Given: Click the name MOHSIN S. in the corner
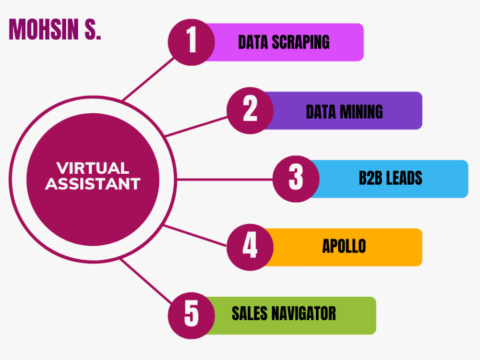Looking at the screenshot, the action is [x=55, y=29].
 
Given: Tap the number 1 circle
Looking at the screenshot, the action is [x=192, y=42].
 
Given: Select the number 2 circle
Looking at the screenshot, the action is [x=250, y=110].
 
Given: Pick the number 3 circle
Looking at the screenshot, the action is [x=296, y=179].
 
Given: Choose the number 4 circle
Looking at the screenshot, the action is [x=250, y=247].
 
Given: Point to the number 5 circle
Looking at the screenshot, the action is [x=192, y=316].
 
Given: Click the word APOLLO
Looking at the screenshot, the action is [x=344, y=246].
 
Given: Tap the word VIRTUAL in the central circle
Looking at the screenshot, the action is [x=93, y=168].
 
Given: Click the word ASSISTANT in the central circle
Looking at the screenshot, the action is [x=93, y=184].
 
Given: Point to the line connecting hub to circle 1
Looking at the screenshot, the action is [x=148, y=79].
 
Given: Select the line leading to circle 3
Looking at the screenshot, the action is [x=225, y=179].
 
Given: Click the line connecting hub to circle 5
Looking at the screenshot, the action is [x=146, y=281].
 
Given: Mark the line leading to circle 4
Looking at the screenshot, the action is [x=195, y=236].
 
